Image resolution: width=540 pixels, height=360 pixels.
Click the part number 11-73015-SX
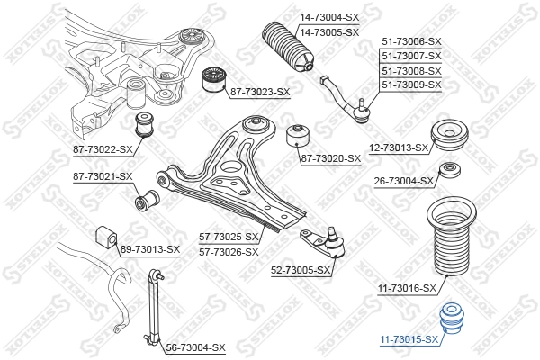(409, 339)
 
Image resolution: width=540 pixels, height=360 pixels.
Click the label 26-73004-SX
(404, 180)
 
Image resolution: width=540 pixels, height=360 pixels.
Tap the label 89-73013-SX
(150, 249)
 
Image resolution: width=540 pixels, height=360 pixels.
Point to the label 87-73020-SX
(330, 158)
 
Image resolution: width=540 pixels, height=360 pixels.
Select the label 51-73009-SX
(412, 85)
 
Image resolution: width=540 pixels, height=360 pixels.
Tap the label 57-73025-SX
(229, 237)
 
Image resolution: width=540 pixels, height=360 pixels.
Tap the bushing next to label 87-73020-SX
(298, 137)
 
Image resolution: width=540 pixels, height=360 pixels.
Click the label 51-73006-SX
(412, 41)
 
